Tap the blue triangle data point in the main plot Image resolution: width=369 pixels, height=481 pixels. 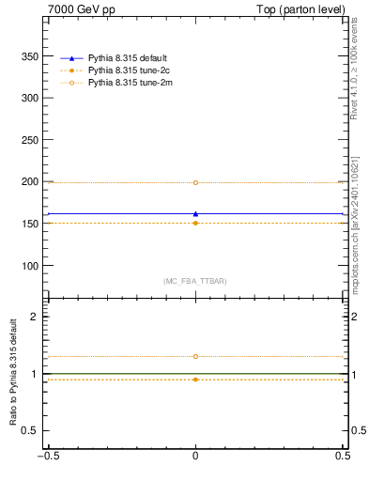195,213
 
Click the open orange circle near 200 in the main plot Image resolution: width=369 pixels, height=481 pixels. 195,182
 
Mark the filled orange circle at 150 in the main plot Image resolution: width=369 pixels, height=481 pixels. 195,223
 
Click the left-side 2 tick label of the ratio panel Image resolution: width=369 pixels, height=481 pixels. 36,317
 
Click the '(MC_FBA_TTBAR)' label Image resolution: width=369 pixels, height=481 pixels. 195,281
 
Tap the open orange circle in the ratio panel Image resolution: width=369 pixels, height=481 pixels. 195,356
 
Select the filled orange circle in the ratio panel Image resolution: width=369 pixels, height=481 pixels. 195,379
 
